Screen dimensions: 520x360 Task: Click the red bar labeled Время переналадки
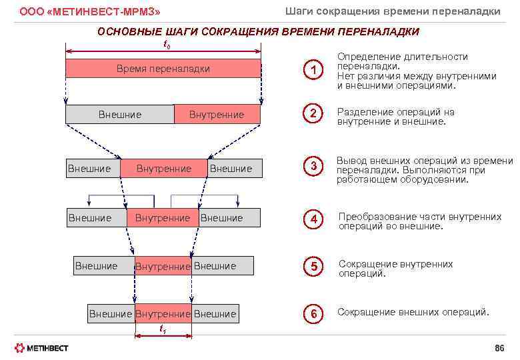163,69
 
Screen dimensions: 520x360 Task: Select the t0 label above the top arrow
167,44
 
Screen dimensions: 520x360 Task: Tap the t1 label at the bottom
163,329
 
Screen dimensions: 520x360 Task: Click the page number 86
499,348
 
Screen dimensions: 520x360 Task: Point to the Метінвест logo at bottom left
41,348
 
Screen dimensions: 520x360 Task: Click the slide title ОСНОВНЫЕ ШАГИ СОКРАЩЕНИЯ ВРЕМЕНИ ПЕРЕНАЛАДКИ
258,32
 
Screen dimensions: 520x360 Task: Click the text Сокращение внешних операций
413,312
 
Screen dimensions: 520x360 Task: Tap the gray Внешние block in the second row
119,115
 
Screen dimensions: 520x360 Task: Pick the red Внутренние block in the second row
217,115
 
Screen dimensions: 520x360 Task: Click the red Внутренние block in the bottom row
163,314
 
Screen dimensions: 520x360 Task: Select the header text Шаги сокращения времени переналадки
393,11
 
